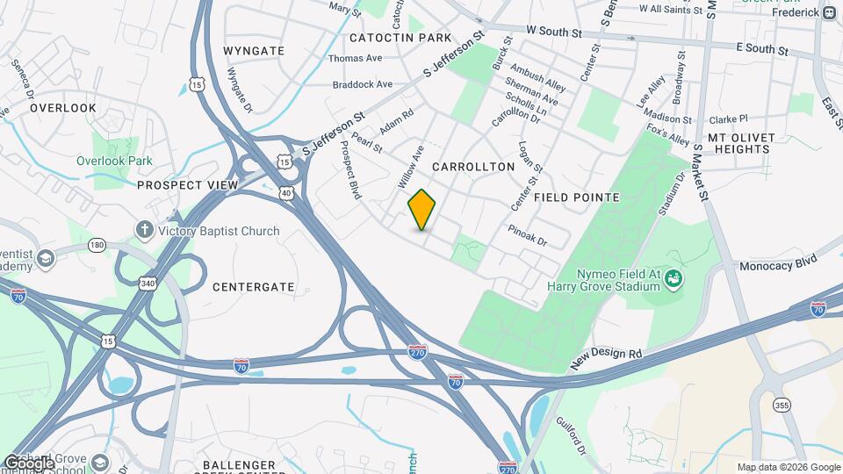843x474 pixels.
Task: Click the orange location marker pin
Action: (422, 210)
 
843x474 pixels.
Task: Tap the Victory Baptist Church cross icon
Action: (145, 231)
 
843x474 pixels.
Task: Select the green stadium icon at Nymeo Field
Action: (674, 279)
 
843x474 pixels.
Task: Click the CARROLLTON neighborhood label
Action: (472, 166)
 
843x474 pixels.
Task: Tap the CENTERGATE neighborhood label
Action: (254, 286)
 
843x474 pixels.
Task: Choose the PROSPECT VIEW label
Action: (188, 185)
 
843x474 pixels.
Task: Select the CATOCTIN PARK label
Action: (400, 38)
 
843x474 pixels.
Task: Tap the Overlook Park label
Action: (114, 161)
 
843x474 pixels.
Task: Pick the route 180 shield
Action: (97, 244)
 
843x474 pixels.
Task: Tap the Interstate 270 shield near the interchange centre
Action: (418, 351)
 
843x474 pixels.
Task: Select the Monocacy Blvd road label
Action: (778, 262)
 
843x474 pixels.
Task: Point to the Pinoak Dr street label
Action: (527, 234)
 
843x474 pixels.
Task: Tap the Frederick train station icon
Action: (829, 11)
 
